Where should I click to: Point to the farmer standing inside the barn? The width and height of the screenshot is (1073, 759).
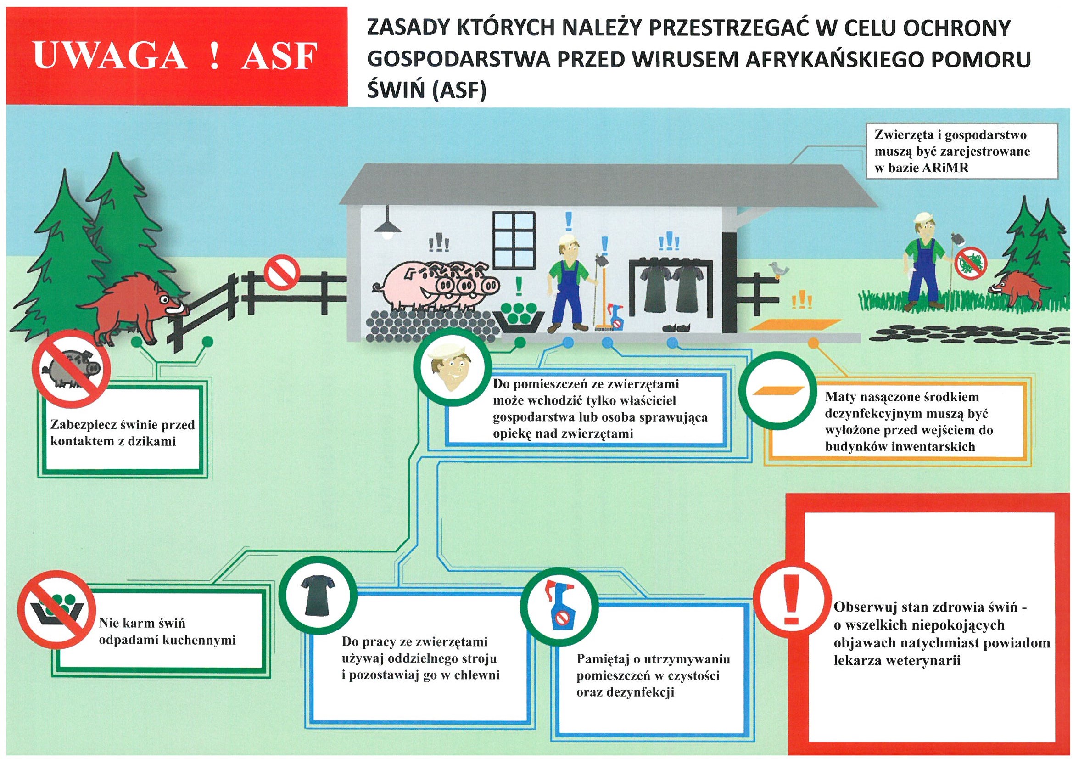(x=568, y=285)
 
